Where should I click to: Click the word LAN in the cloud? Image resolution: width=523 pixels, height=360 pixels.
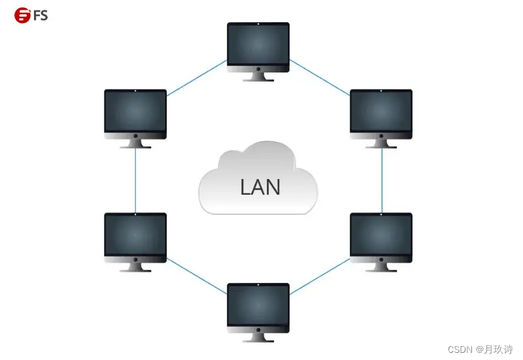(260, 188)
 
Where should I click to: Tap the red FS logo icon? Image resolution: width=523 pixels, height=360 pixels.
(22, 15)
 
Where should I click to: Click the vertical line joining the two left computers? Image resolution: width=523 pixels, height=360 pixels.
(135, 180)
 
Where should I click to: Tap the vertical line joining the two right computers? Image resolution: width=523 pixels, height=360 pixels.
(382, 180)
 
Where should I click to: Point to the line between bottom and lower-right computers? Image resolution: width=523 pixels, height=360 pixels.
(320, 275)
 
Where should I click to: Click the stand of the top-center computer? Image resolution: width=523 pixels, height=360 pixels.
(258, 76)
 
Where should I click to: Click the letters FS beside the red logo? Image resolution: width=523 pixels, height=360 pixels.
(41, 15)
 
